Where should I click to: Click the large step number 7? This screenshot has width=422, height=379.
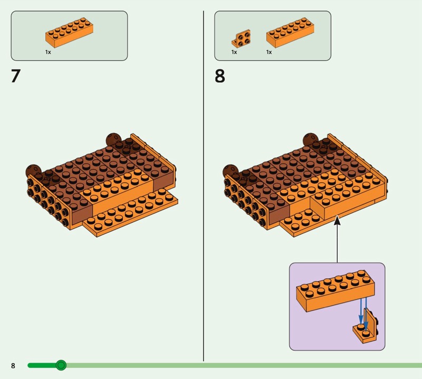click(x=15, y=77)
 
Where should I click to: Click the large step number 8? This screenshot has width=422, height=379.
click(x=219, y=77)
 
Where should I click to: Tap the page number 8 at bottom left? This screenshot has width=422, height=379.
click(x=13, y=366)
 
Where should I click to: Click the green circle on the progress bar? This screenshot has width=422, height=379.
click(x=61, y=365)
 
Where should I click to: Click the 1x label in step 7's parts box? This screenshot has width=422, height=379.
click(x=48, y=52)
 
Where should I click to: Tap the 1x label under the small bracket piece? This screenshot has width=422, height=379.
click(x=234, y=52)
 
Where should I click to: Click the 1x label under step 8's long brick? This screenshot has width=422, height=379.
click(x=269, y=52)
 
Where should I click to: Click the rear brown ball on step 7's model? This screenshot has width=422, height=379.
click(x=112, y=139)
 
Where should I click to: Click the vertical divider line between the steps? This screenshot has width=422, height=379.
click(x=204, y=185)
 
